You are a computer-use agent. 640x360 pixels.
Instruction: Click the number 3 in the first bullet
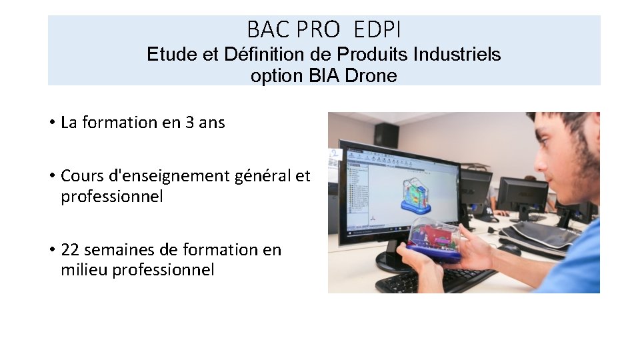pos(190,123)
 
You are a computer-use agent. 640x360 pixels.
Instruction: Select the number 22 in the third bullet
pos(69,250)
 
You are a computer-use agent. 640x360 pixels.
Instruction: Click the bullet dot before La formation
pos(51,123)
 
